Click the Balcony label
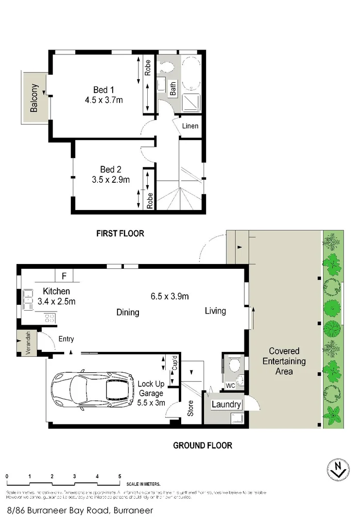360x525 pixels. [34, 98]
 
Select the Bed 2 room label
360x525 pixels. [110, 170]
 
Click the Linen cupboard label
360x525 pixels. [190, 126]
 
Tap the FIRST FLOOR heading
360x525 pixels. [120, 233]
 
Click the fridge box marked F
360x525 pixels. [64, 276]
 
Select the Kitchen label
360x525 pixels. [56, 291]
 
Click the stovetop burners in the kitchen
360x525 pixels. [50, 318]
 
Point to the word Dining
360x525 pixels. [127, 312]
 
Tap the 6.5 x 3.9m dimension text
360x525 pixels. [169, 296]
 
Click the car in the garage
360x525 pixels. [92, 389]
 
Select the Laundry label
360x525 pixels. [226, 404]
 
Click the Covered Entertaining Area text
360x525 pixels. [284, 361]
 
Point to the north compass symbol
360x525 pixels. [337, 471]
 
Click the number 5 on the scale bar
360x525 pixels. [120, 476]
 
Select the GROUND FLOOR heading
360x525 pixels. [203, 445]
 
